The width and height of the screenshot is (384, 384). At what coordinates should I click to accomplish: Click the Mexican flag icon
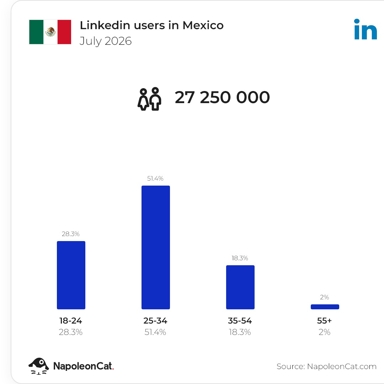(x=50, y=32)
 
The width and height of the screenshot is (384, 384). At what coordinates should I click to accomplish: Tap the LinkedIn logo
(x=366, y=29)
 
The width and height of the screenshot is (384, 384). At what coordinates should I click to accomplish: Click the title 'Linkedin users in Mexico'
(x=151, y=25)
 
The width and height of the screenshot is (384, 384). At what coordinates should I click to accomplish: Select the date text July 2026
(x=106, y=41)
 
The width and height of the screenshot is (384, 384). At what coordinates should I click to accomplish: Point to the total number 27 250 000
(x=222, y=97)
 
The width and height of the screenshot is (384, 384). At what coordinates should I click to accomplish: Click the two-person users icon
(x=149, y=99)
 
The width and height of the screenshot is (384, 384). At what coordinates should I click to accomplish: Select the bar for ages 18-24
(x=71, y=275)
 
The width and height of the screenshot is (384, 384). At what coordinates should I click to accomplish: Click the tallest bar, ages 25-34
(x=156, y=247)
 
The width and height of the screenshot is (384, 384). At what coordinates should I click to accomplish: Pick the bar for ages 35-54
(x=240, y=287)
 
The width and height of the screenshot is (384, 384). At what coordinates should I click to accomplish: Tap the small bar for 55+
(x=325, y=307)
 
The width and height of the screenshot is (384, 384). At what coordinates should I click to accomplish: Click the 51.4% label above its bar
(x=155, y=178)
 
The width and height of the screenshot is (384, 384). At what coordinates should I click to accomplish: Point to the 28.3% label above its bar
(x=70, y=234)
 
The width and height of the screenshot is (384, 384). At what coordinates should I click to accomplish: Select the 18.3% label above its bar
(x=240, y=258)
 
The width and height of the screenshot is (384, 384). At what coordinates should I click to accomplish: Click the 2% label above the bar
(x=325, y=297)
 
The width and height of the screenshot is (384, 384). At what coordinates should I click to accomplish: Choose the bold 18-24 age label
(x=70, y=321)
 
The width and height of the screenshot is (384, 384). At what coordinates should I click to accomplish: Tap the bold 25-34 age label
(x=155, y=321)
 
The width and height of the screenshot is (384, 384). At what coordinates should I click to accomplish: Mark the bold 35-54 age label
(x=240, y=321)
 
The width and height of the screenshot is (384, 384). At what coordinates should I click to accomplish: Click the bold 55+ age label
(x=325, y=321)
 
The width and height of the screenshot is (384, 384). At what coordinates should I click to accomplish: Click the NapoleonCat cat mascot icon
(x=39, y=366)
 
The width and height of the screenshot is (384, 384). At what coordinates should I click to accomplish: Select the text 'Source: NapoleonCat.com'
(x=326, y=366)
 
